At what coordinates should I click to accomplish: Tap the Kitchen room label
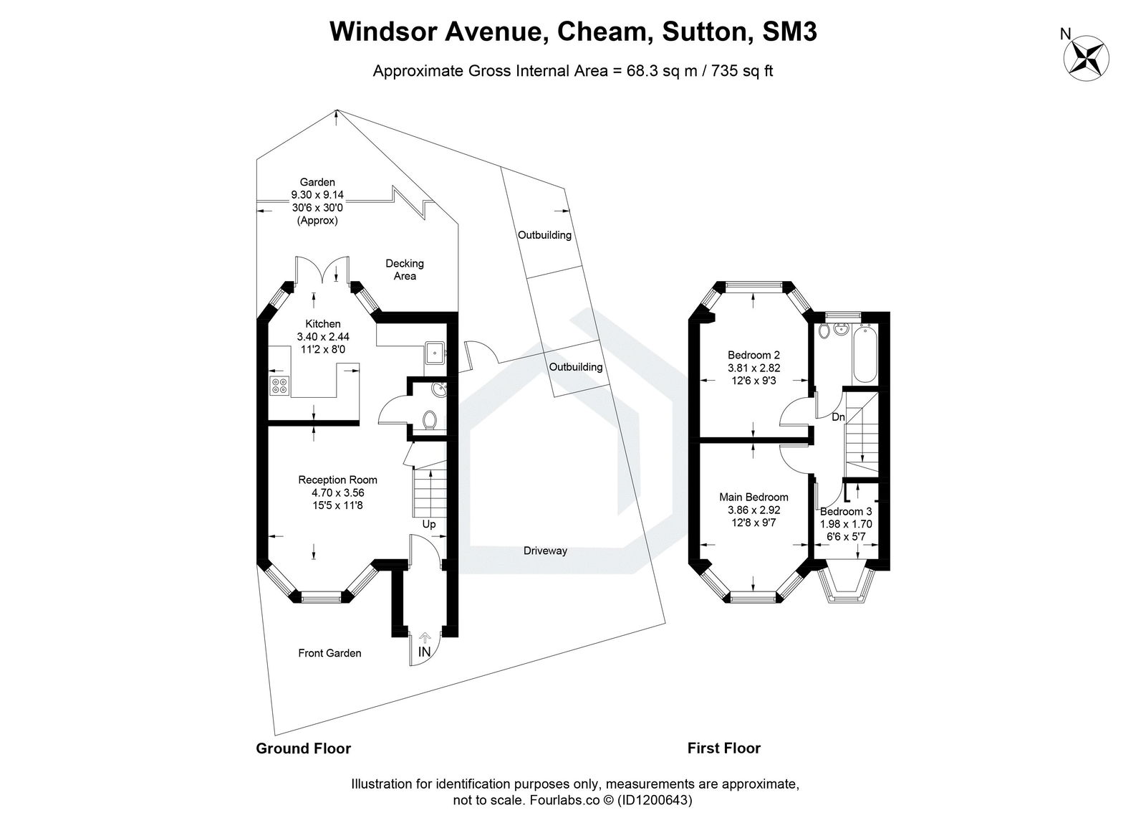pyautogui.click(x=323, y=324)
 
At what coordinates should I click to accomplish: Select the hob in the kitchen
pyautogui.click(x=279, y=385)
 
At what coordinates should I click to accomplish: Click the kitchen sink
pyautogui.click(x=434, y=353)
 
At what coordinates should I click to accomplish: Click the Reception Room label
pyautogui.click(x=337, y=480)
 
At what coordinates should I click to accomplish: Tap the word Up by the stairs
pyautogui.click(x=428, y=524)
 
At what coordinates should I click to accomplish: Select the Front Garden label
pyautogui.click(x=329, y=653)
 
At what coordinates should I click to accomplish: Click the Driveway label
pyautogui.click(x=545, y=551)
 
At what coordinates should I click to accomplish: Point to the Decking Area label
pyautogui.click(x=405, y=270)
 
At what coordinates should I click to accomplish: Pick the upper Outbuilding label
pyautogui.click(x=545, y=235)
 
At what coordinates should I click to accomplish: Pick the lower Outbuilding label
pyautogui.click(x=576, y=367)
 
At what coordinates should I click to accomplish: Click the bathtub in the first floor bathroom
pyautogui.click(x=863, y=355)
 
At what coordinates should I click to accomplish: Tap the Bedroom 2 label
pyautogui.click(x=753, y=355)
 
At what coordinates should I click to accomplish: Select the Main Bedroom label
pyautogui.click(x=753, y=497)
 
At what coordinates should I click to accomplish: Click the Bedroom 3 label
pyautogui.click(x=846, y=511)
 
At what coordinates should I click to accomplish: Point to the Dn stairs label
pyautogui.click(x=838, y=417)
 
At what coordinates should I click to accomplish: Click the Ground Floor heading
pyautogui.click(x=304, y=748)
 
